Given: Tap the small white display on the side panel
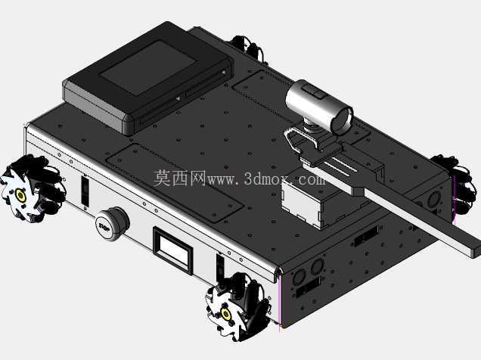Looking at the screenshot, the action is pyautogui.click(x=173, y=250).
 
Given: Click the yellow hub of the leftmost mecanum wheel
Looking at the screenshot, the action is pyautogui.click(x=20, y=195).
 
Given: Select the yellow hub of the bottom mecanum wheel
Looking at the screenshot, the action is pyautogui.click(x=226, y=314).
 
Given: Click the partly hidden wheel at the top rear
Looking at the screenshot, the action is pyautogui.click(x=248, y=48).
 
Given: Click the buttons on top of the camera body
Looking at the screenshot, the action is pyautogui.click(x=312, y=92).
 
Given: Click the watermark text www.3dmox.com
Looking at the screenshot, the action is pyautogui.click(x=266, y=178).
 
